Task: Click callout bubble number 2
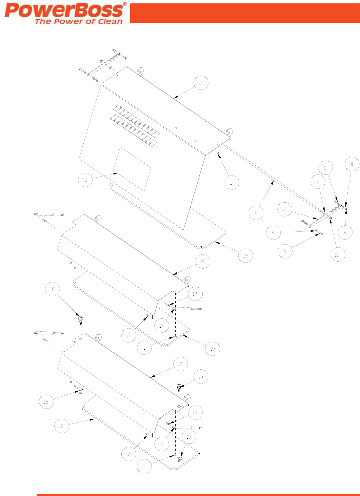point(200,83)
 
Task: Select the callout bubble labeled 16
point(85,180)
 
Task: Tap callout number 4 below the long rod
point(256,213)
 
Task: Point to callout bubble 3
point(284,209)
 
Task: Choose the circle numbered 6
point(325,168)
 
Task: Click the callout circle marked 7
point(318,182)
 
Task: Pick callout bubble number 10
point(351,164)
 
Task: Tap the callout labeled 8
point(345,232)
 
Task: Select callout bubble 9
point(273,233)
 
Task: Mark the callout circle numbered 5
point(284,251)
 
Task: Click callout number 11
point(337,254)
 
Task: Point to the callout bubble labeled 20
point(203,261)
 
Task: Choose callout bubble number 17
point(180,364)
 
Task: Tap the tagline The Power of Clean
point(79,21)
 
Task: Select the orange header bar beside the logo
point(244,13)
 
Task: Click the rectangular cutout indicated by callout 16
point(132,169)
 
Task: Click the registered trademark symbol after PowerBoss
point(124,4)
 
